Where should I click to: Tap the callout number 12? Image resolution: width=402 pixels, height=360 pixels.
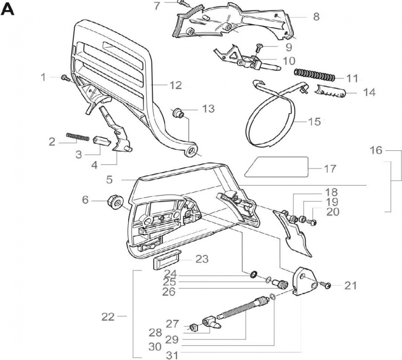175,85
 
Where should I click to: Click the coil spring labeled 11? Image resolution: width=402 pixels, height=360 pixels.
314,76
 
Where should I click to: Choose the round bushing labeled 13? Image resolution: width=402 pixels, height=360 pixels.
178,113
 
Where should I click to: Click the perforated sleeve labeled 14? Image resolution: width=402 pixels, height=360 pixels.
332,93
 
